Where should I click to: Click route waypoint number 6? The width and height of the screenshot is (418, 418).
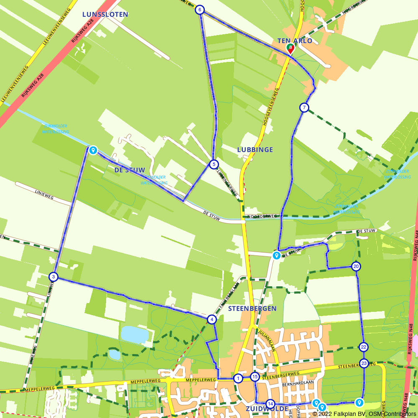coord(200,10)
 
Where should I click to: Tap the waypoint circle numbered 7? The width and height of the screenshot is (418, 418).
coord(304,107)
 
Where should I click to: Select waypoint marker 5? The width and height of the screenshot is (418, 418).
coord(214,164)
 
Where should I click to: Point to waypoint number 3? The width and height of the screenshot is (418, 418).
coord(53,277)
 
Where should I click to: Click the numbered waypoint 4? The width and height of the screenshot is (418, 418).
coord(212,320)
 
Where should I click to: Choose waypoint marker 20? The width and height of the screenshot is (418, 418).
coord(356,266)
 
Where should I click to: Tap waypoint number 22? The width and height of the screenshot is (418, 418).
coord(364,347)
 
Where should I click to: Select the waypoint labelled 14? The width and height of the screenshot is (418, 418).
coord(270,404)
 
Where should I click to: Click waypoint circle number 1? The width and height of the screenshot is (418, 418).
coord(238,379)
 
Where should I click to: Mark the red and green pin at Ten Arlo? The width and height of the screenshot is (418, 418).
coord(290,48)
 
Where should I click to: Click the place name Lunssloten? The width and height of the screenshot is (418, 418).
coord(105,14)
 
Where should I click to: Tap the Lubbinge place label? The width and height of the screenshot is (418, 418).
coord(255,150)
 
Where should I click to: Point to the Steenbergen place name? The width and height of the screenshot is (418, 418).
coord(252,308)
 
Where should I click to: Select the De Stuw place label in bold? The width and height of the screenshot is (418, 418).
coord(130,170)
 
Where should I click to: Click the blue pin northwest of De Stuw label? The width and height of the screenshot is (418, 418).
coord(93,150)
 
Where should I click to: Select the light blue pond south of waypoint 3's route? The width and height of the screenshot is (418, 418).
coord(135,335)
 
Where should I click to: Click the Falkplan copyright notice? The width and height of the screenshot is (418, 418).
coord(364,414)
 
